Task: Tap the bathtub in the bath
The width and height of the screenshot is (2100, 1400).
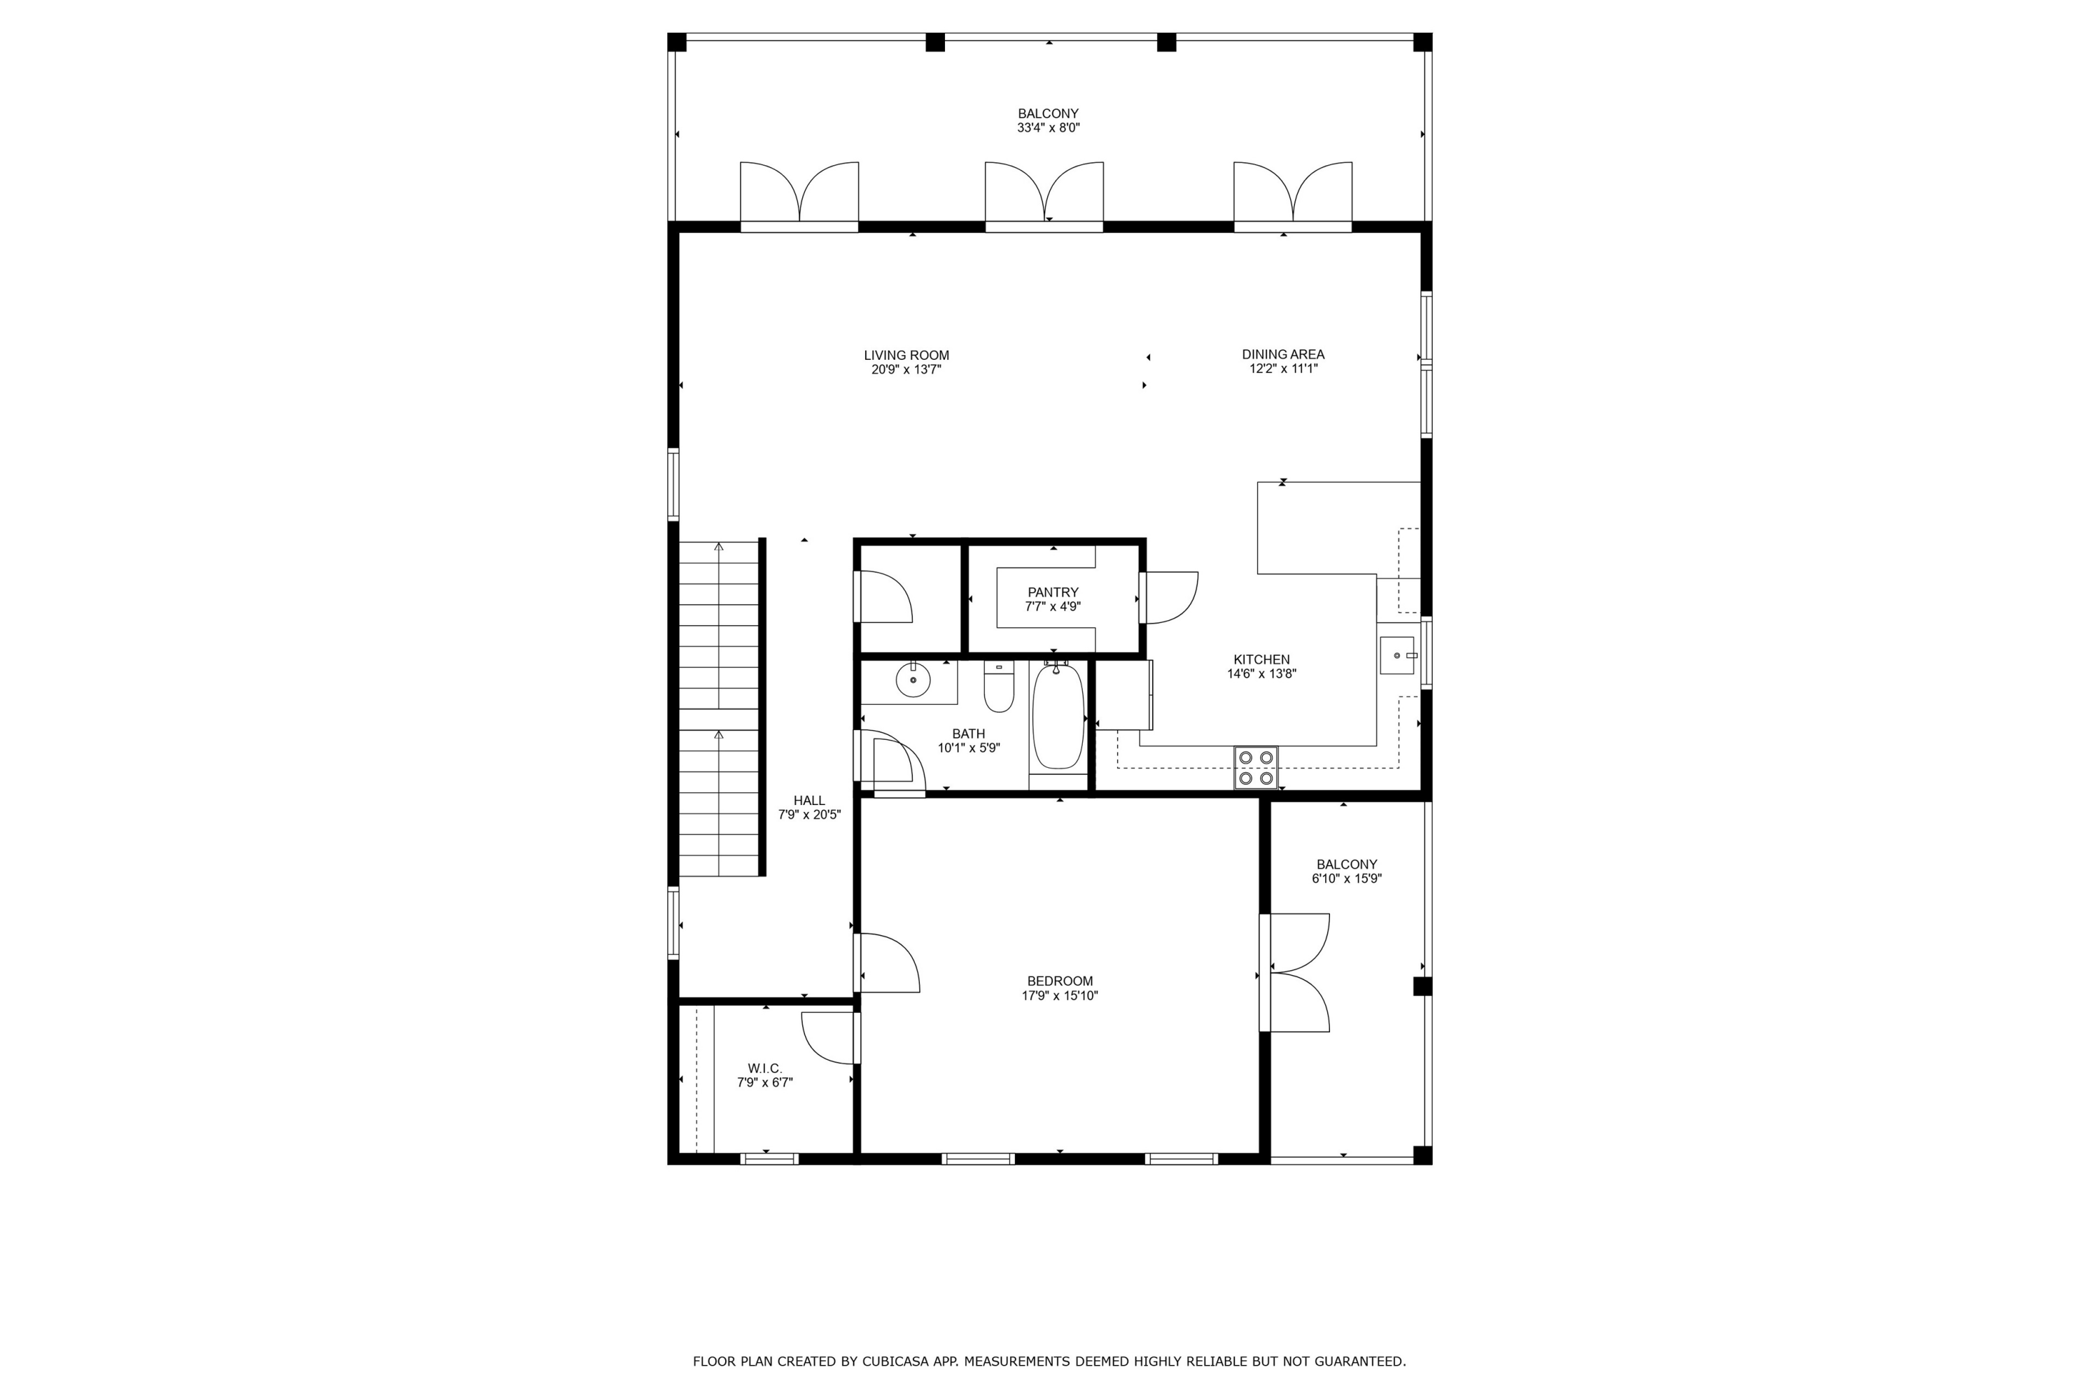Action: [1058, 716]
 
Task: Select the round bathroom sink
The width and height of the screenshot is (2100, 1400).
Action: [913, 680]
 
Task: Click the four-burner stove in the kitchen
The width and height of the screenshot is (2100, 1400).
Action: [1255, 768]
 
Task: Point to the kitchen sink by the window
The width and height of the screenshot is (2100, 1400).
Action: [1397, 655]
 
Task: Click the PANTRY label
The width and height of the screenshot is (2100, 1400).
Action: [1053, 592]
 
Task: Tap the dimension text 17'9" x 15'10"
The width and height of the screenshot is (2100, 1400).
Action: [1060, 995]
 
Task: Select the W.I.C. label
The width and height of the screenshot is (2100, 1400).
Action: [764, 1068]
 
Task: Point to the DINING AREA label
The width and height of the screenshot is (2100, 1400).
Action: [1283, 354]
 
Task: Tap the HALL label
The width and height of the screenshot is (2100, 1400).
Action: [809, 801]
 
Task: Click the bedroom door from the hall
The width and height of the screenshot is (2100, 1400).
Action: [888, 962]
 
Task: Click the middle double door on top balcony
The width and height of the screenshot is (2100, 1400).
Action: [1044, 192]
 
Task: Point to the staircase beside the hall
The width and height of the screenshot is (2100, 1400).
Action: [719, 710]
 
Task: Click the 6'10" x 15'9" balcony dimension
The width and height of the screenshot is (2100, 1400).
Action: [1346, 878]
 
